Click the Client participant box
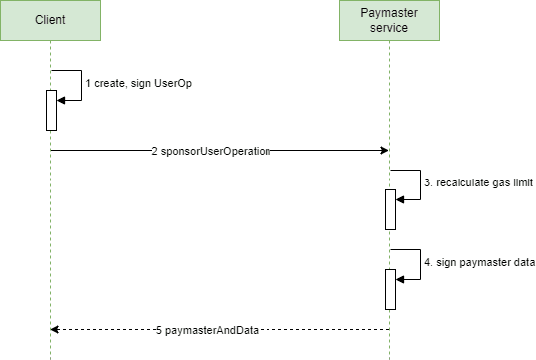[50, 21]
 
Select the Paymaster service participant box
[389, 21]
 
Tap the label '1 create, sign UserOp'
[138, 84]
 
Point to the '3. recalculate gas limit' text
[479, 184]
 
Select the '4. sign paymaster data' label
[480, 264]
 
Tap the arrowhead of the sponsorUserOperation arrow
[383, 150]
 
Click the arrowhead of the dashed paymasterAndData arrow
[56, 329]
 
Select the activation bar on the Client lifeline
[50, 110]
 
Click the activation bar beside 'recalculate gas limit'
[390, 208]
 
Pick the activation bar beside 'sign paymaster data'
[390, 288]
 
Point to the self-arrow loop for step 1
[80, 85]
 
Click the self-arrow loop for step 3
[419, 185]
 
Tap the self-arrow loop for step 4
[419, 265]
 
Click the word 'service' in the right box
[389, 28]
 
